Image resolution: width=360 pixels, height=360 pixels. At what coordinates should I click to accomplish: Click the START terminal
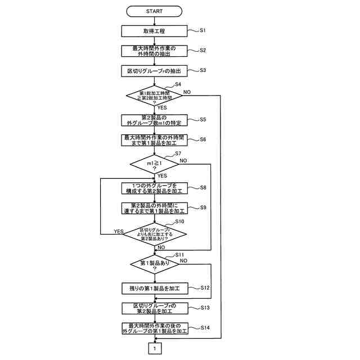tap(154, 11)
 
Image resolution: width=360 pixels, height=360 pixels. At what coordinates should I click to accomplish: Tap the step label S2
tap(203, 50)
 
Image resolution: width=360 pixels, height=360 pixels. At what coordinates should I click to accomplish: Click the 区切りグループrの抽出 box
tap(154, 71)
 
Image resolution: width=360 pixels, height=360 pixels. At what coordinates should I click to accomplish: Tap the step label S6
tap(203, 139)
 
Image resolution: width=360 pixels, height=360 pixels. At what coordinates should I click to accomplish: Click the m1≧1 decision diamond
tap(154, 164)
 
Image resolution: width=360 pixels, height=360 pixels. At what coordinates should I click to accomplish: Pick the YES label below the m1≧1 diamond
tap(163, 175)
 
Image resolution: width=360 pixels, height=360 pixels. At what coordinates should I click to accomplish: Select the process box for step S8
tap(154, 188)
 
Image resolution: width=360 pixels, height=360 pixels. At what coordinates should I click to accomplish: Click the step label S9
tap(203, 208)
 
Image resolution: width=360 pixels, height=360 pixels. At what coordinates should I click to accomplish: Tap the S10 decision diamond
tap(154, 233)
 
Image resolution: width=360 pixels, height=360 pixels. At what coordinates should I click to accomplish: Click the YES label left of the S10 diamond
tap(119, 231)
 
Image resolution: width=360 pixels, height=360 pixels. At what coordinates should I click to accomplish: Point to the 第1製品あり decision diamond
tap(154, 264)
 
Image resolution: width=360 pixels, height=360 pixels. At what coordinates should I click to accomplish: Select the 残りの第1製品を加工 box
tap(154, 288)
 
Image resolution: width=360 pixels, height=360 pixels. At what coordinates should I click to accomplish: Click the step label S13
tap(205, 308)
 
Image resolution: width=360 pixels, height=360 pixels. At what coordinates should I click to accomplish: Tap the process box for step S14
tap(154, 328)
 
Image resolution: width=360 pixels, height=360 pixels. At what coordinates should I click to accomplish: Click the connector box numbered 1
tap(154, 349)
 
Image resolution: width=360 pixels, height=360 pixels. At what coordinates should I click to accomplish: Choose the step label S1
tap(203, 30)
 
